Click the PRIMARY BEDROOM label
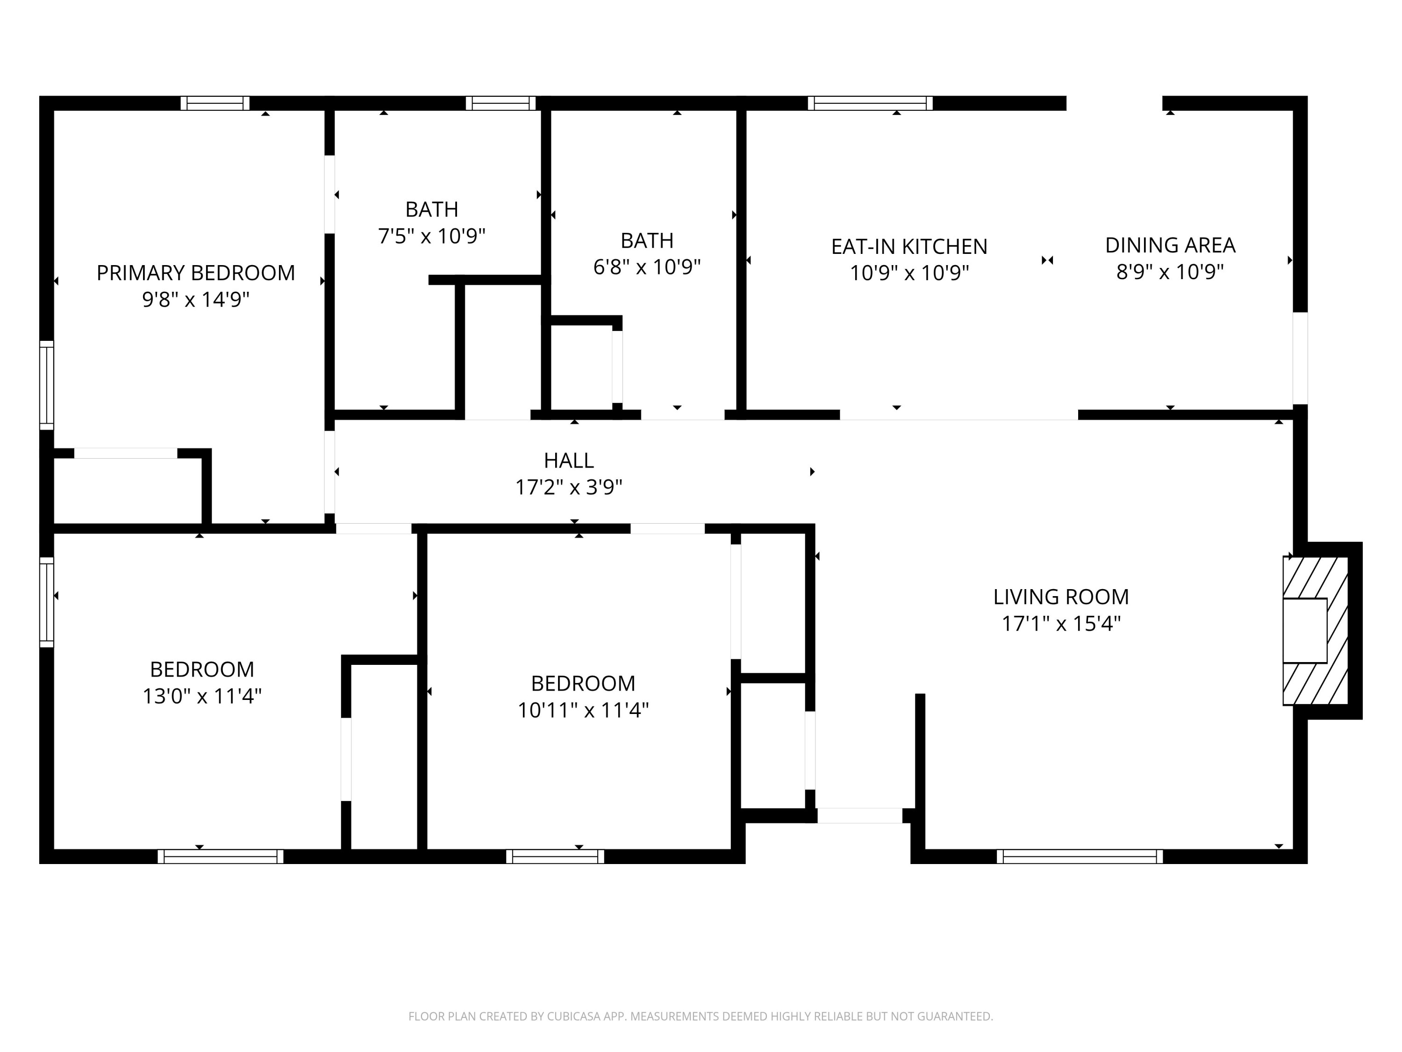point(195,273)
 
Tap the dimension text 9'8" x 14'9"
point(195,299)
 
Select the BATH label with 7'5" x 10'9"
point(432,209)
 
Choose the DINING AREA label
point(1170,245)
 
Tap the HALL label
point(569,461)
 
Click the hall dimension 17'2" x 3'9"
point(569,487)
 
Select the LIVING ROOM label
point(1061,597)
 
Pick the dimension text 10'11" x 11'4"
point(583,710)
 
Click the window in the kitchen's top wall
point(870,103)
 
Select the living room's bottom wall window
point(1080,857)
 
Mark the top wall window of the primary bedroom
point(215,103)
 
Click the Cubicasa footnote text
point(701,1016)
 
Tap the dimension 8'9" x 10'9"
point(1170,272)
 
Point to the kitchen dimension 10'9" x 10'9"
point(909,274)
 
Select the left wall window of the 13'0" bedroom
point(47,602)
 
